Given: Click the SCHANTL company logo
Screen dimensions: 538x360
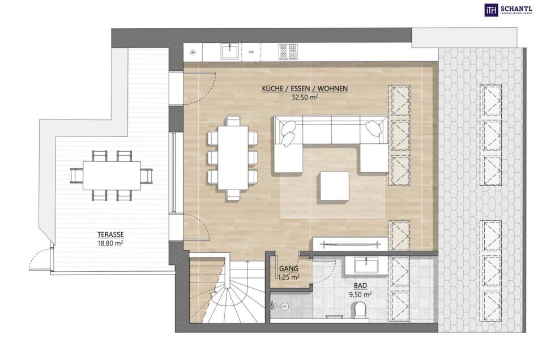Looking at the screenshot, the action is point(508,10).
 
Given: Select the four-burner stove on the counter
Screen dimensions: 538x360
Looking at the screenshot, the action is point(288,52).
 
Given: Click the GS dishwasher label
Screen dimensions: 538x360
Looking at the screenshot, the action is point(251,52).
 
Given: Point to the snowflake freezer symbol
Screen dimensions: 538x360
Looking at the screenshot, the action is point(193,52).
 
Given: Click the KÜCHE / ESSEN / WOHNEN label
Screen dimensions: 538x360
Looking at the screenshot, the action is point(305,88).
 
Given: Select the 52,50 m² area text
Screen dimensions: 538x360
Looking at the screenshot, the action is point(305,97).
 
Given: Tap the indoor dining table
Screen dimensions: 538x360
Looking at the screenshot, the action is point(233,158).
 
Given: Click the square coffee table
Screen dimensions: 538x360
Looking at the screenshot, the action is point(335,186).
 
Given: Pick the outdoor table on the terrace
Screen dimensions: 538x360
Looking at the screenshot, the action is point(112,175).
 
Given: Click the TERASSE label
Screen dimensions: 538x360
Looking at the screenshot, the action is point(110,235).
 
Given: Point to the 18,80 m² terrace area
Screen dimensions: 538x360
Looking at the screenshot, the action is point(110,243).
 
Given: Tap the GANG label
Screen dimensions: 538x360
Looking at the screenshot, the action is point(289,269).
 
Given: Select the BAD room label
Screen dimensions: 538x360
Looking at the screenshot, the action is point(360,285).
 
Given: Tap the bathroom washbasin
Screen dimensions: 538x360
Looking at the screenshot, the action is point(366,265).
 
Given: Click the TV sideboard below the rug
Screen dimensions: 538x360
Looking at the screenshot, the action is point(350,244).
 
